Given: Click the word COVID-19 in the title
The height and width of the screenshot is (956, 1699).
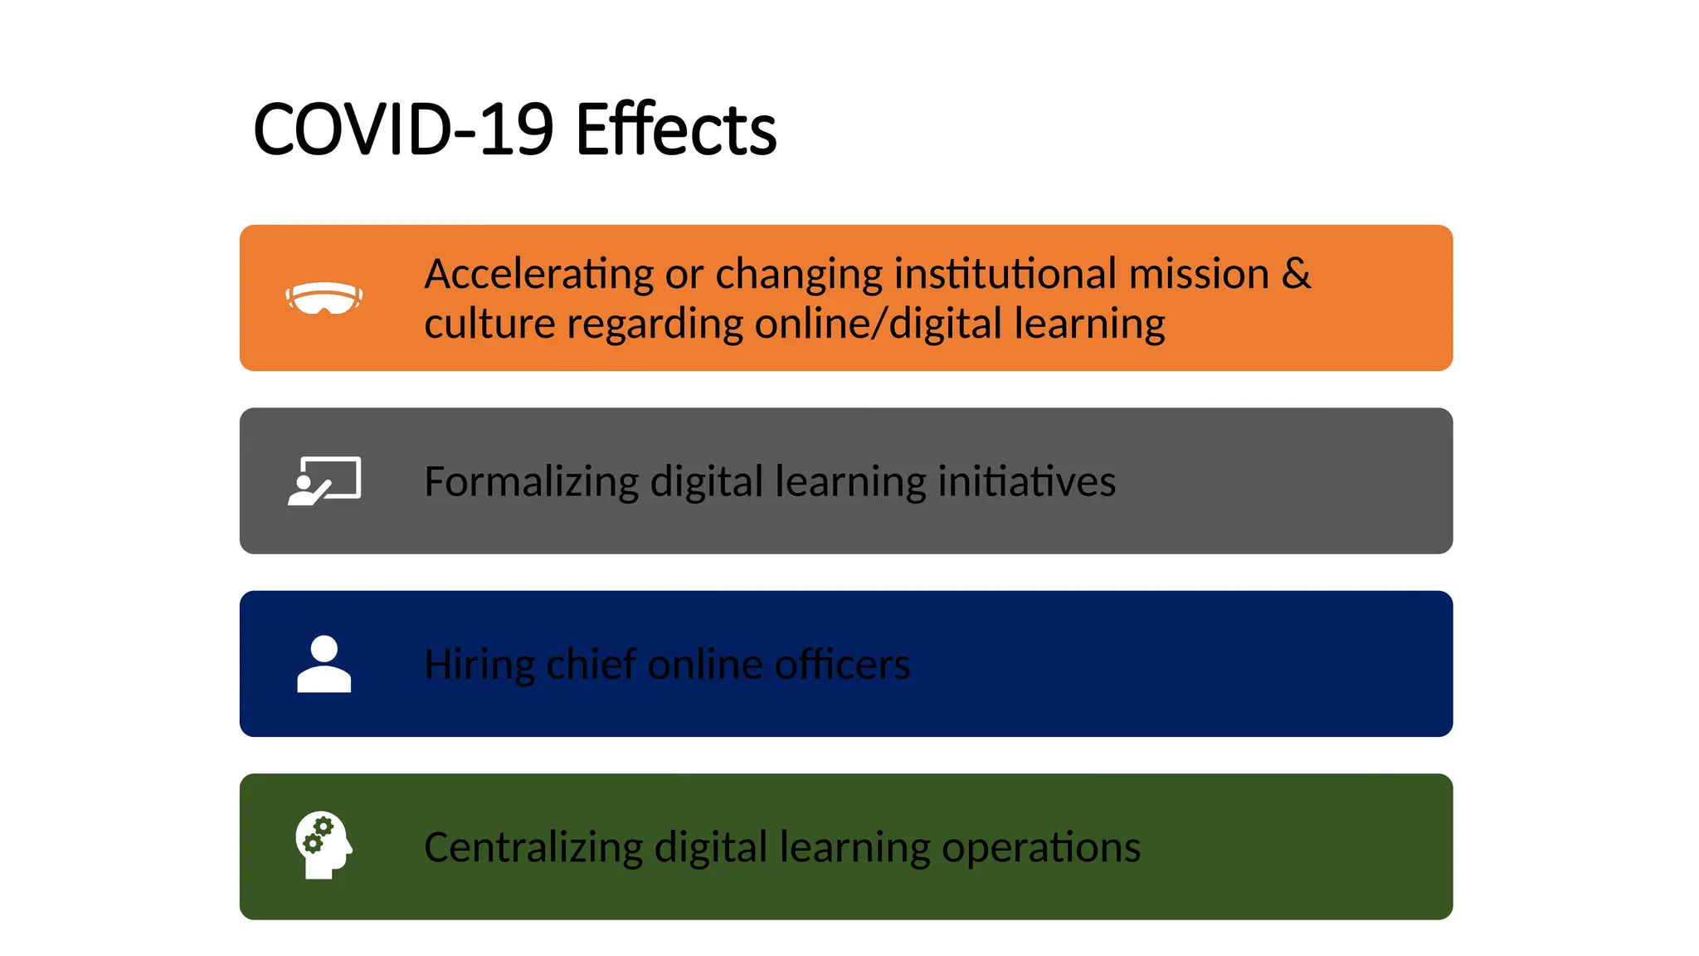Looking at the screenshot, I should click(403, 129).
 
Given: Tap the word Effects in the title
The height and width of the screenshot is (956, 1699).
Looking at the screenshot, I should click(675, 129).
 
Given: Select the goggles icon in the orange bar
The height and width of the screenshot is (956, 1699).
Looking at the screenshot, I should click(324, 298).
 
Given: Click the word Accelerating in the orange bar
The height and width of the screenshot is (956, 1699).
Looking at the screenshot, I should click(539, 275).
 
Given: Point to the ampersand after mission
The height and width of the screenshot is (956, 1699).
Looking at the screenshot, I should click(1296, 273).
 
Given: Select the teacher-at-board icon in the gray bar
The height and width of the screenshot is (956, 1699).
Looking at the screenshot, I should click(324, 480).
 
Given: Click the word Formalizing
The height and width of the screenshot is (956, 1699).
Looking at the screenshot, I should click(531, 482).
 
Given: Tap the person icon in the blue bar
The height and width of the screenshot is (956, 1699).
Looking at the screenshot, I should click(324, 664).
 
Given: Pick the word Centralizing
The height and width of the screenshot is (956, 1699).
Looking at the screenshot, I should click(533, 847).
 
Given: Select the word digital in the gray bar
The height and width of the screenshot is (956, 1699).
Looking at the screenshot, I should click(706, 482).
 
